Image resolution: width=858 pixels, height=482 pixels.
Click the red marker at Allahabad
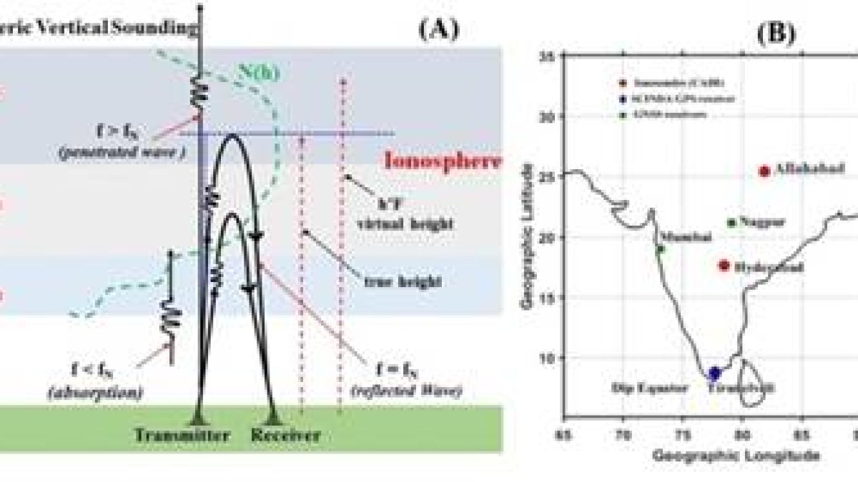[764, 171]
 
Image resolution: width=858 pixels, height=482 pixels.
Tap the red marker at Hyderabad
[724, 266]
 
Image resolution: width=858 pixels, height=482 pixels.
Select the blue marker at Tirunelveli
[714, 373]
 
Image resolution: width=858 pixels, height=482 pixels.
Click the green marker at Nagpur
[731, 223]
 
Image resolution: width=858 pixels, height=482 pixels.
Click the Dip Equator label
[650, 388]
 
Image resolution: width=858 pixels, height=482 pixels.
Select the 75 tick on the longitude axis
[683, 433]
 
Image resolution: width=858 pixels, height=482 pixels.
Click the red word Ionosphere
[443, 159]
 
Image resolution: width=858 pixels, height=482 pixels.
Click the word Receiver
[285, 435]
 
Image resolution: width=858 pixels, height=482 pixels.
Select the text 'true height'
[394, 282]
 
